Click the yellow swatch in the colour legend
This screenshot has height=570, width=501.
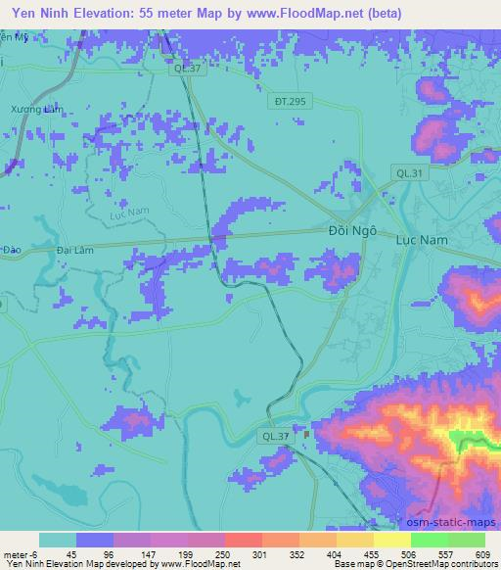coord(391,540)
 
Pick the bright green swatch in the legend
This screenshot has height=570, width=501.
coord(429,540)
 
